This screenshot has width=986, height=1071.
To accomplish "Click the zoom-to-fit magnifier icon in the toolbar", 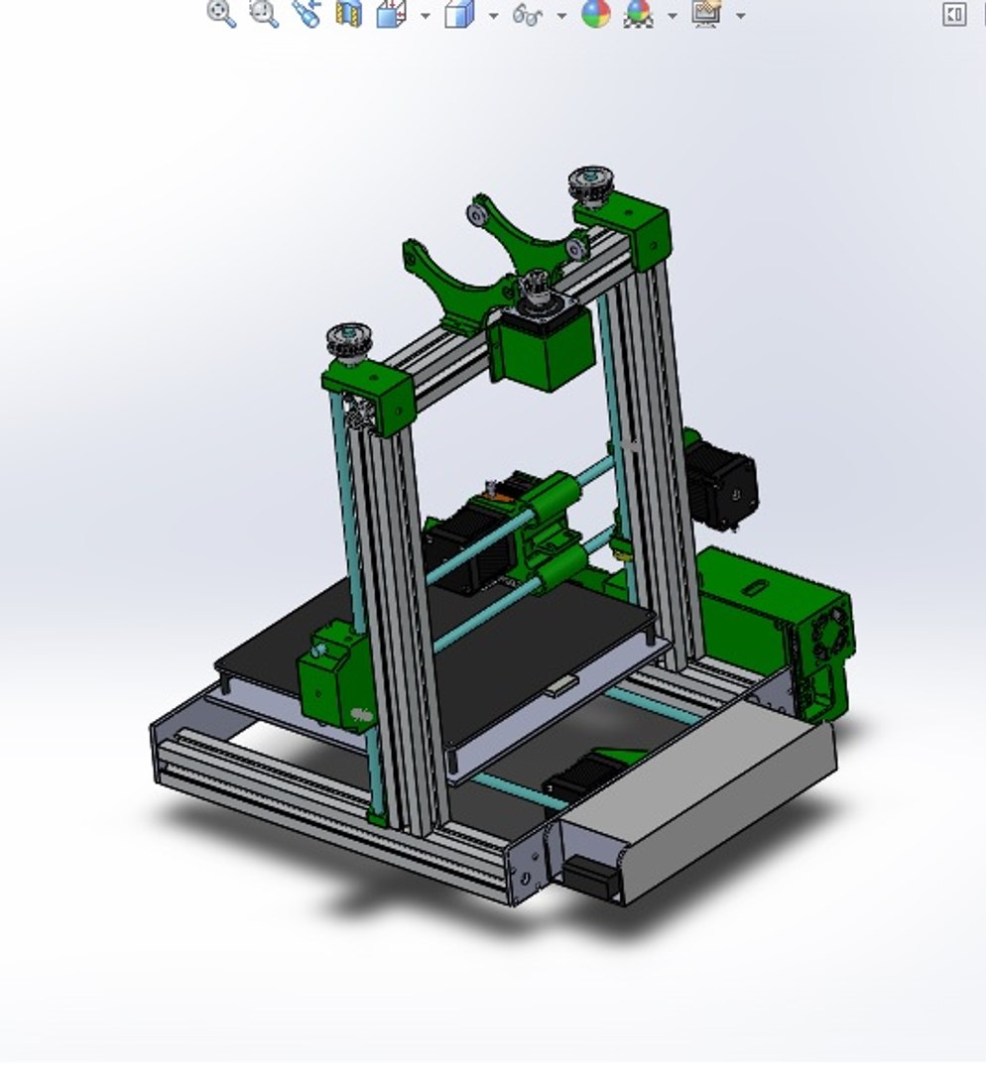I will click(x=221, y=13).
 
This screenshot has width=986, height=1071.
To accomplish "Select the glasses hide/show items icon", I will click(x=528, y=14).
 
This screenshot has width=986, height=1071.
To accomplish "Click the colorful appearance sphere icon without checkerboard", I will click(x=595, y=13).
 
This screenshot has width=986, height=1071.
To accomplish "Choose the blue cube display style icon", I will click(x=458, y=14).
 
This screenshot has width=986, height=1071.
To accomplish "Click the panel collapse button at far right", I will click(x=953, y=13).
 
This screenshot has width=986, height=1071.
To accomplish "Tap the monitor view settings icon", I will click(x=706, y=13).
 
